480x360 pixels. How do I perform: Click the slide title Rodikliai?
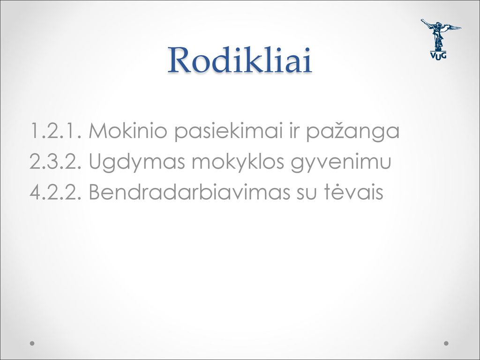tap(240, 60)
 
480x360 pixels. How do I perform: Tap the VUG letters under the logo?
tap(439, 55)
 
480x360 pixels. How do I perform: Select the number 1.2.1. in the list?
tap(56, 131)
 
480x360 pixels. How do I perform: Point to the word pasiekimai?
tap(228, 132)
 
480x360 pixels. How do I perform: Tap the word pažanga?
tap(353, 132)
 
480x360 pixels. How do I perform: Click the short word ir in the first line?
tap(294, 131)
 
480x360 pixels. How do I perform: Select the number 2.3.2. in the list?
tap(56, 161)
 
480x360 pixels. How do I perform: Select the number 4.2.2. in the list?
tap(56, 192)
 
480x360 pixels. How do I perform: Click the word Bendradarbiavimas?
tap(189, 192)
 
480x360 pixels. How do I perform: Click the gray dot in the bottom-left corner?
tap(32, 343)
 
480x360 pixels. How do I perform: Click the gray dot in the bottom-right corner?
tap(446, 343)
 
